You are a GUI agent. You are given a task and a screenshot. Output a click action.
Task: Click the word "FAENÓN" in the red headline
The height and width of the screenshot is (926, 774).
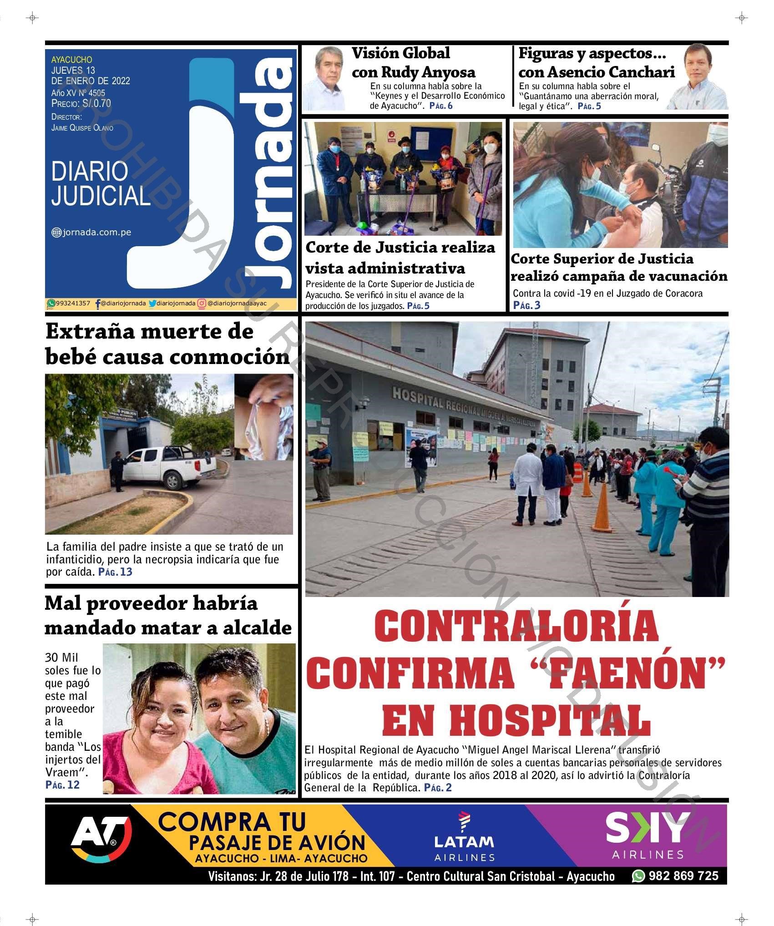635,675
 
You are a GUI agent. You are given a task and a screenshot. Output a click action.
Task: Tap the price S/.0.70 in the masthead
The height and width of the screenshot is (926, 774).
96,103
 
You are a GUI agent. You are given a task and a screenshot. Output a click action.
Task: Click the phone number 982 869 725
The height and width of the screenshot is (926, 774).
683,875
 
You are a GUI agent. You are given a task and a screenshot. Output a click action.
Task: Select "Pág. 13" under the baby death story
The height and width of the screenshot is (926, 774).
115,572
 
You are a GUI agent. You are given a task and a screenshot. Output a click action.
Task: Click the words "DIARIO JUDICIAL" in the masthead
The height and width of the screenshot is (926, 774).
101,183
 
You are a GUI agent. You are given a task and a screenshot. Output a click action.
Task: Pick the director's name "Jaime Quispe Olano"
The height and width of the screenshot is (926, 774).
82,128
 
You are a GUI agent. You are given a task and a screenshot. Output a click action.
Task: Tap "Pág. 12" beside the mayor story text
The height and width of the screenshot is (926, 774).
62,784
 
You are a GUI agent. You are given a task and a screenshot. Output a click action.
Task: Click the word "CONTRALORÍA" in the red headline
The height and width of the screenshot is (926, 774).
517,627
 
